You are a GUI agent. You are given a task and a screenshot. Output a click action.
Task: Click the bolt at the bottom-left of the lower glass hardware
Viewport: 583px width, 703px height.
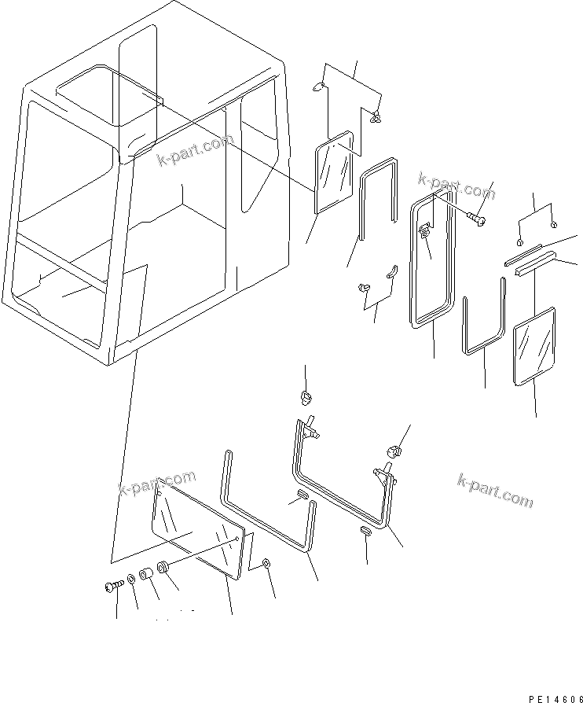click(111, 585)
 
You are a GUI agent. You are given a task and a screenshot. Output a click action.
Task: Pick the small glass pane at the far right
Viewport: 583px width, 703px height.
click(534, 348)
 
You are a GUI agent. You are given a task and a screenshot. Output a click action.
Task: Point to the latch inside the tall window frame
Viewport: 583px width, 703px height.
click(424, 232)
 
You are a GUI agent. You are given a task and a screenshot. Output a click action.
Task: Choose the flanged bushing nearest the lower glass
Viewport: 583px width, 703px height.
click(165, 568)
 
